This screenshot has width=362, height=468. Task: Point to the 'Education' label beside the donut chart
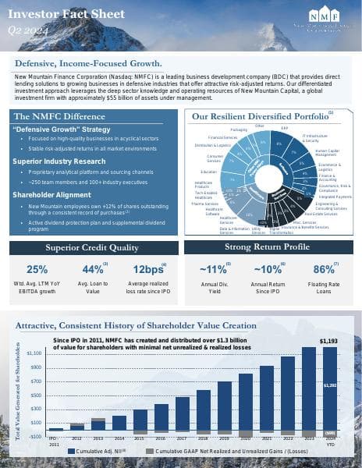[x=208, y=171]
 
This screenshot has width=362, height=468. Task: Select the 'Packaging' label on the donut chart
[x=239, y=129]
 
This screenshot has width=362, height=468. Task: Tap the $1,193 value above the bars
[x=329, y=341]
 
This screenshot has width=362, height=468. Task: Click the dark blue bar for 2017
[x=183, y=413]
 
